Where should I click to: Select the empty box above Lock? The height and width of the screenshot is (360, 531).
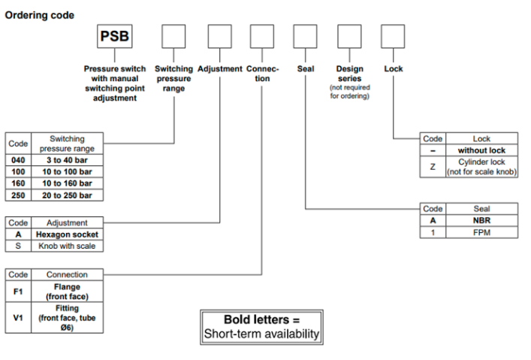393,38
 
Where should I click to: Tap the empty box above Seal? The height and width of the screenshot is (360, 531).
304,38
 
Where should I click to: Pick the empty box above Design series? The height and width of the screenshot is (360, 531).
349,38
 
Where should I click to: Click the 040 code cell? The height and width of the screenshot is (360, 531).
17,159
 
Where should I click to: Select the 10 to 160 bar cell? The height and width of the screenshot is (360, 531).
67,183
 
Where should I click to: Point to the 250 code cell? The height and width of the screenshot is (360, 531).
17,195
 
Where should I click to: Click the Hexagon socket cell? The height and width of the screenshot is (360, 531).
67,234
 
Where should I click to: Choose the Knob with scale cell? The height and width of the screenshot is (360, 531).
67,246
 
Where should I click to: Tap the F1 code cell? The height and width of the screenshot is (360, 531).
17,291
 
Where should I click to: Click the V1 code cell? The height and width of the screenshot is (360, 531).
17,317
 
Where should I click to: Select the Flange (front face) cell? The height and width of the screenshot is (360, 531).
67,291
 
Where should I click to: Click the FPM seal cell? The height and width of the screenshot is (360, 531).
481,232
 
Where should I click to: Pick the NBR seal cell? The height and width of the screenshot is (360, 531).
481,220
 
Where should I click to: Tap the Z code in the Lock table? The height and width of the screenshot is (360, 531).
433,167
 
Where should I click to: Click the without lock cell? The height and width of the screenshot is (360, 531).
481,150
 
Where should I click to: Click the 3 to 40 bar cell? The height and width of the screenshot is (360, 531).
67,159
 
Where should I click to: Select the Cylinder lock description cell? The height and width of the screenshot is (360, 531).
481,167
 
